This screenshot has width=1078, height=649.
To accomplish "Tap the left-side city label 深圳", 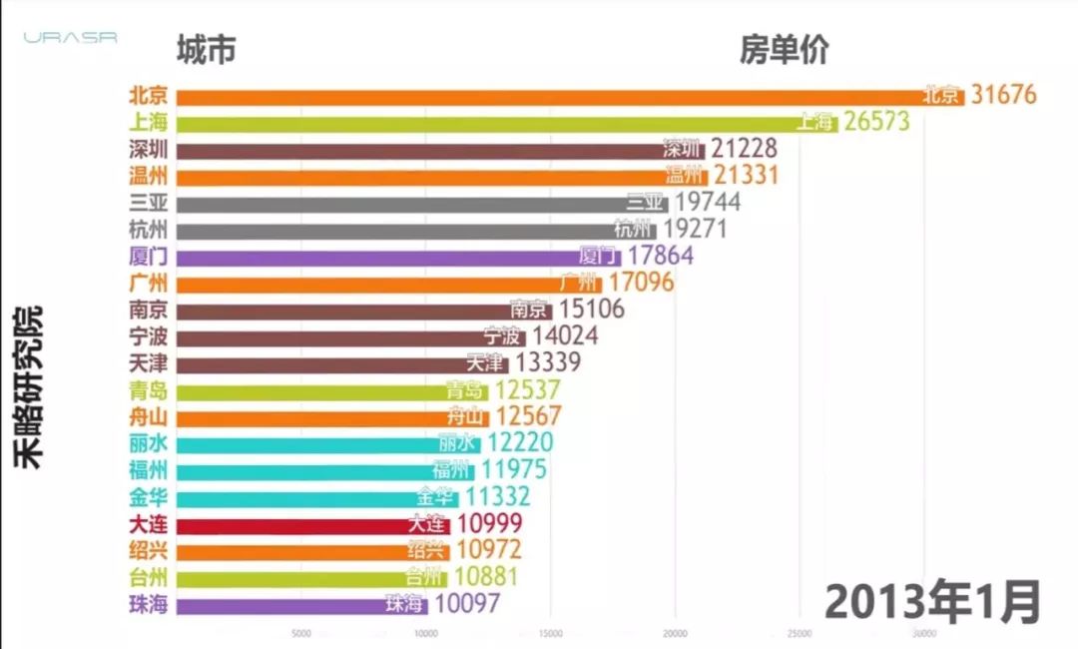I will [x=149, y=150].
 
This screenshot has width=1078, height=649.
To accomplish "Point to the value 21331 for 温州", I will [x=745, y=176].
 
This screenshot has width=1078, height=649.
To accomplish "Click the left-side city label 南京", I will [x=149, y=310].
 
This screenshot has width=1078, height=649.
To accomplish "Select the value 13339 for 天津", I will [x=547, y=362].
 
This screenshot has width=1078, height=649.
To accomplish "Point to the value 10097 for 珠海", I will [x=466, y=604].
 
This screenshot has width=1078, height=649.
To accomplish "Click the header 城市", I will [x=206, y=50].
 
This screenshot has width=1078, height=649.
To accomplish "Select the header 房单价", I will [x=784, y=50].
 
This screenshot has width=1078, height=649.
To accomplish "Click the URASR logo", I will [x=71, y=37].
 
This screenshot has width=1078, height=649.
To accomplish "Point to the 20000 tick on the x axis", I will [x=676, y=633].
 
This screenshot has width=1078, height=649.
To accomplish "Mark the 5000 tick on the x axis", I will [x=301, y=633].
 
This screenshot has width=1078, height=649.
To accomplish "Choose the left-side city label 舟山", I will [x=149, y=416].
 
